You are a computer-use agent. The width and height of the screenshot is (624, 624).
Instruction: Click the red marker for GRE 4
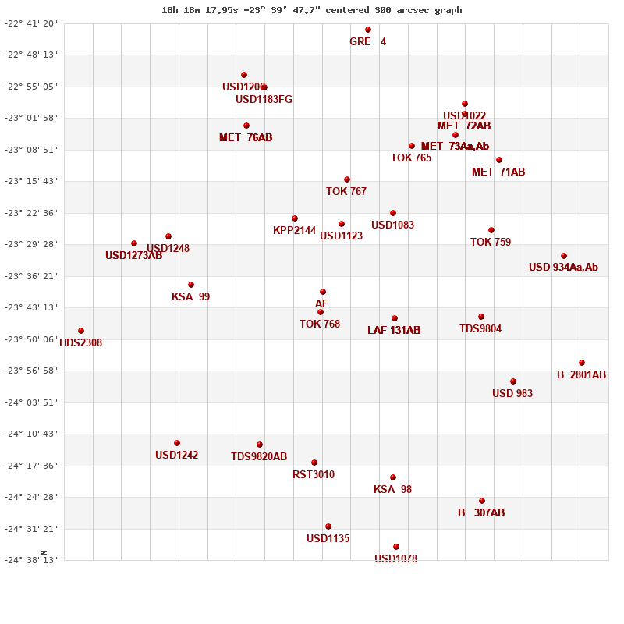click(368, 30)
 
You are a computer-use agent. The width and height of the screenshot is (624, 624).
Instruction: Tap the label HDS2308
click(81, 342)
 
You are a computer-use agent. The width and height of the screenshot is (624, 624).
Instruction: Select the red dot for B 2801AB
click(582, 363)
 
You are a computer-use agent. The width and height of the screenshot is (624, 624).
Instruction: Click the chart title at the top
click(312, 10)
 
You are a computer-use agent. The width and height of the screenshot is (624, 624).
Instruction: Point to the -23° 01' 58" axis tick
click(31, 118)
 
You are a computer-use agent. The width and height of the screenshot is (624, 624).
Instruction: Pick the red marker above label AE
click(323, 292)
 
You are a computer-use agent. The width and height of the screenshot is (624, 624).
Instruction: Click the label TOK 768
click(320, 324)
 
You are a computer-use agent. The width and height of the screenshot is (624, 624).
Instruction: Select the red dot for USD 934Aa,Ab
click(564, 256)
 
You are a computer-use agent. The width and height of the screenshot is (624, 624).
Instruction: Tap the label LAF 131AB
click(394, 330)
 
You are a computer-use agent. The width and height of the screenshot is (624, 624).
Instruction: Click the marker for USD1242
click(177, 443)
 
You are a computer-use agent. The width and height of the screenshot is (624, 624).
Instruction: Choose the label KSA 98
click(392, 489)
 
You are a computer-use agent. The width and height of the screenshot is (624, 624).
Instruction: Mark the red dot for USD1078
click(396, 547)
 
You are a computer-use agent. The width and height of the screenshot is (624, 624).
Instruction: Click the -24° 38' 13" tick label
click(31, 560)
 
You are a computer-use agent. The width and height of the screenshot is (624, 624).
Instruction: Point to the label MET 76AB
click(246, 137)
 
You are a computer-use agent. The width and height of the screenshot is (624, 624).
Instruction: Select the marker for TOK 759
click(491, 230)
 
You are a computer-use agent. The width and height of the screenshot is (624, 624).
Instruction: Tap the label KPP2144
click(294, 230)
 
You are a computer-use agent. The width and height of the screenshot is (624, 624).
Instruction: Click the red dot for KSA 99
click(191, 285)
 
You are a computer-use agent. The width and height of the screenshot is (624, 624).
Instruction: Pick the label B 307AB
click(481, 512)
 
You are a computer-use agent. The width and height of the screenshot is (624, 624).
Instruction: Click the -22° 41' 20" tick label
click(31, 23)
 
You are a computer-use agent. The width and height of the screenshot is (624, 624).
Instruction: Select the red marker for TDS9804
click(481, 317)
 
